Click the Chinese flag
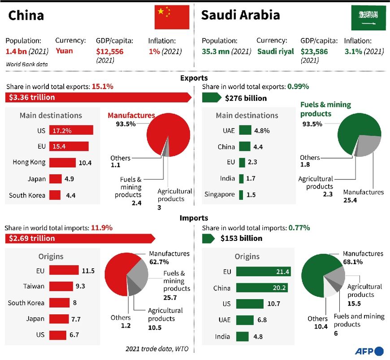point(172,17)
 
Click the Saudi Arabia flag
point(368,17)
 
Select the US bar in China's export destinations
point(71,130)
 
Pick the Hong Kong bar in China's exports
point(62,163)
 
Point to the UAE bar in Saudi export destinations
point(245,130)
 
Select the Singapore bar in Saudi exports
point(241,195)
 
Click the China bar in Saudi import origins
point(261,288)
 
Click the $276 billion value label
point(246,98)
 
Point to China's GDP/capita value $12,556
point(110,52)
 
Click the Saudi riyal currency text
point(276,51)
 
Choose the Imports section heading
point(194,218)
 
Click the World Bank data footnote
point(27,64)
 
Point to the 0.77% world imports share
point(299,228)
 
